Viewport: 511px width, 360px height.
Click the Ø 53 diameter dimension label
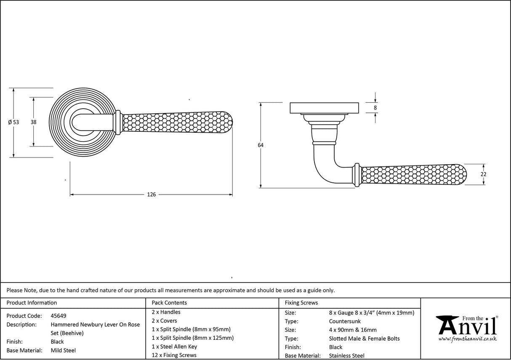13,122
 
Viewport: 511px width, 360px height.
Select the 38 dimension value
33,122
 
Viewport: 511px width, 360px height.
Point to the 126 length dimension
151,195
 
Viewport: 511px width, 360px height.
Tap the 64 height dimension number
261,145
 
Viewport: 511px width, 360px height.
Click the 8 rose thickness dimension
375,108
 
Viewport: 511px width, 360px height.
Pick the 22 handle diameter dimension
483,174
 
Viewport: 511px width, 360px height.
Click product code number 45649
58,316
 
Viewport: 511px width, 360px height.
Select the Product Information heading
32,303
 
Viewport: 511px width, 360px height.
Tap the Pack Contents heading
169,303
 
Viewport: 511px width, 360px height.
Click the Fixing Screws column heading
301,303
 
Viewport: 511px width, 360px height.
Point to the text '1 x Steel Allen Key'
174,347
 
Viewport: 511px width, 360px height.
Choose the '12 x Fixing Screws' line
174,355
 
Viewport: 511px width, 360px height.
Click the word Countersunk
345,321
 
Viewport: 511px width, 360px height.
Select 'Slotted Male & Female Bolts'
364,339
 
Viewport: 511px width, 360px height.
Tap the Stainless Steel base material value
347,356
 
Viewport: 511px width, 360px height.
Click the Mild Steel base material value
63,350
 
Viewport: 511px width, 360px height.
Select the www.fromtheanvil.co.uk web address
467,339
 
